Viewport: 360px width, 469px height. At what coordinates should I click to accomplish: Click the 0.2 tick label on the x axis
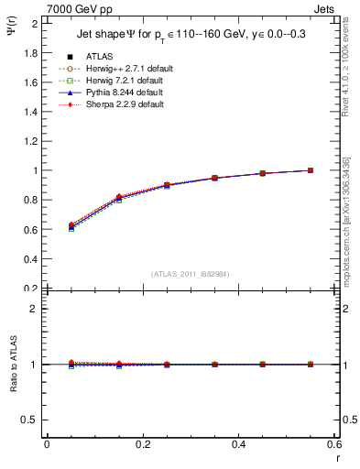pyautogui.click(x=142, y=443)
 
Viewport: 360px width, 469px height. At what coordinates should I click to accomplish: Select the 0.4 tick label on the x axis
pyautogui.click(x=238, y=443)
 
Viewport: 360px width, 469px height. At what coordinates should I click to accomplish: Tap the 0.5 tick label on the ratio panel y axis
pyautogui.click(x=31, y=420)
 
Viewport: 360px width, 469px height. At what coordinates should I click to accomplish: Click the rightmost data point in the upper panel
pyautogui.click(x=311, y=170)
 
